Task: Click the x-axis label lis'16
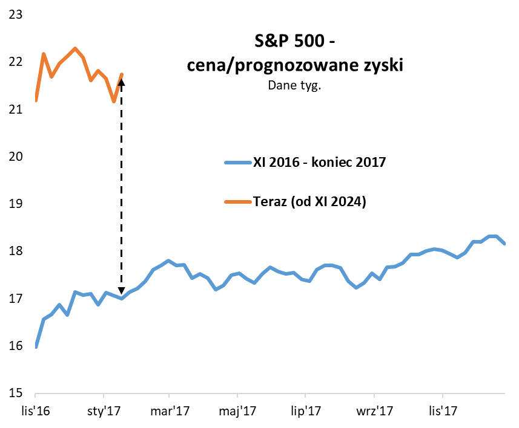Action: point(36,411)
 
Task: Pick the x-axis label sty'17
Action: point(104,411)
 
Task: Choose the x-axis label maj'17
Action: point(239,411)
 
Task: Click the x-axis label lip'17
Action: point(306,411)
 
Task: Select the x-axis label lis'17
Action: point(442,411)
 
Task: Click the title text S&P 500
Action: point(294,43)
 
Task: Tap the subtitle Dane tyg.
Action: point(294,85)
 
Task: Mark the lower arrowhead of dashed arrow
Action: point(122,293)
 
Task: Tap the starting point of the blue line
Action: point(36,346)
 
